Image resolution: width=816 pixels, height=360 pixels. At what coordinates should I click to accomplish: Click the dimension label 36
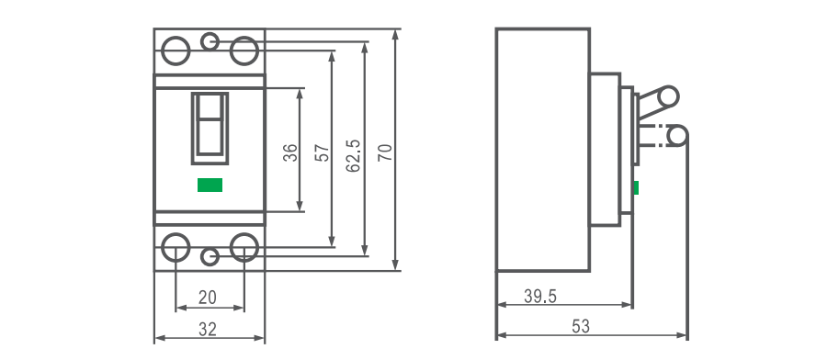click(x=291, y=153)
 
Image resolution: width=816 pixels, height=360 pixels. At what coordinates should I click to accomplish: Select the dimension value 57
click(x=323, y=153)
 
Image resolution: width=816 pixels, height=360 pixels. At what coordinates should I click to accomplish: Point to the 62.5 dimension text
click(x=354, y=155)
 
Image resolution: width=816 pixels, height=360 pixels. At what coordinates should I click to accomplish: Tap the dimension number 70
click(x=386, y=152)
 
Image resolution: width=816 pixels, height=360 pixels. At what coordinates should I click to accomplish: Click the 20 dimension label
click(x=208, y=298)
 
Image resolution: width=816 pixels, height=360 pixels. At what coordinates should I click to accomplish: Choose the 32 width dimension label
click(x=208, y=329)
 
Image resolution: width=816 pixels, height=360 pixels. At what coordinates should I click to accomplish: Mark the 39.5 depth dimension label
click(x=540, y=297)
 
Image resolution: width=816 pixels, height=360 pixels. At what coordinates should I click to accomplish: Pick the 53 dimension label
click(x=581, y=327)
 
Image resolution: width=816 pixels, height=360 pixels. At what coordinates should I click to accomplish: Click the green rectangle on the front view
click(x=210, y=185)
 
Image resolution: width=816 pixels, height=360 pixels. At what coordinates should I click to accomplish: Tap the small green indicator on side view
click(x=636, y=187)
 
